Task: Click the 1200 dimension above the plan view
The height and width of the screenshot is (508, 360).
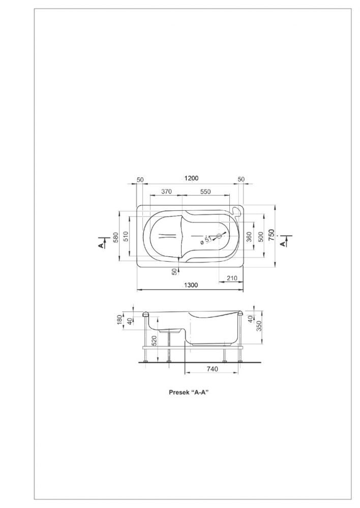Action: tap(191, 178)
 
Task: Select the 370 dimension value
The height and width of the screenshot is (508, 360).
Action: tap(166, 192)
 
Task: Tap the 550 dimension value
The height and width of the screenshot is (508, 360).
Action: tap(205, 192)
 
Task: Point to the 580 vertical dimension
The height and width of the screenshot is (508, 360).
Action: tap(115, 237)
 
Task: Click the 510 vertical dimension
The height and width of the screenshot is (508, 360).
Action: tap(126, 237)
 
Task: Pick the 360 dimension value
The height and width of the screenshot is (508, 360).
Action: tap(249, 237)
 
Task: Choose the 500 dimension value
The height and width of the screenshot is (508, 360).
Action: tap(260, 237)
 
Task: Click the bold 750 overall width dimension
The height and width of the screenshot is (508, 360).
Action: tap(272, 235)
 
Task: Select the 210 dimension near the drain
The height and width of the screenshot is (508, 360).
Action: tap(232, 278)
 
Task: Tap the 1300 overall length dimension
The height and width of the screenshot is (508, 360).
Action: tap(191, 285)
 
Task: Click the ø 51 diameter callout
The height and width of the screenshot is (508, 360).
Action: tap(205, 241)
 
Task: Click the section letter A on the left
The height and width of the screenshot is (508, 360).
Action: tap(102, 245)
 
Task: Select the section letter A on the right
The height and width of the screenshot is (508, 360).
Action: tap(283, 243)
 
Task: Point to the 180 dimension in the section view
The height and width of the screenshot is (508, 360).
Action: tap(119, 320)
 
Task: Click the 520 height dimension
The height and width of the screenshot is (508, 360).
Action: tap(155, 340)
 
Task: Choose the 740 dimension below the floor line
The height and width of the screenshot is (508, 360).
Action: tap(212, 369)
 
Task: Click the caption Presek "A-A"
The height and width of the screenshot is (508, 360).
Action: tap(189, 392)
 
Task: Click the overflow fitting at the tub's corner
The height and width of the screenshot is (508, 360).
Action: tap(237, 211)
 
